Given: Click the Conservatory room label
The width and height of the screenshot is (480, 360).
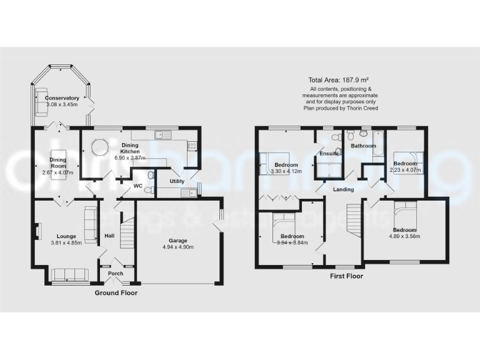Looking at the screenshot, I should pyautogui.click(x=62, y=98).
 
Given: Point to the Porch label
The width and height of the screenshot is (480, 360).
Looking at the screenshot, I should pyautogui.click(x=116, y=274).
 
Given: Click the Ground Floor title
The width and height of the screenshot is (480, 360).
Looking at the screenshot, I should pyautogui.click(x=116, y=292).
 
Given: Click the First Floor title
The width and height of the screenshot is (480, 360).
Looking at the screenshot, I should pyautogui.click(x=345, y=276).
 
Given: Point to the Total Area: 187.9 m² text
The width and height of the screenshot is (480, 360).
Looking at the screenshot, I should pyautogui.click(x=338, y=80).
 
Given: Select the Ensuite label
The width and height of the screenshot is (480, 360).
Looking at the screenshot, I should pyautogui.click(x=329, y=153).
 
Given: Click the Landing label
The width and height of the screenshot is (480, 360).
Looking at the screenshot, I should pyautogui.click(x=344, y=189).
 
